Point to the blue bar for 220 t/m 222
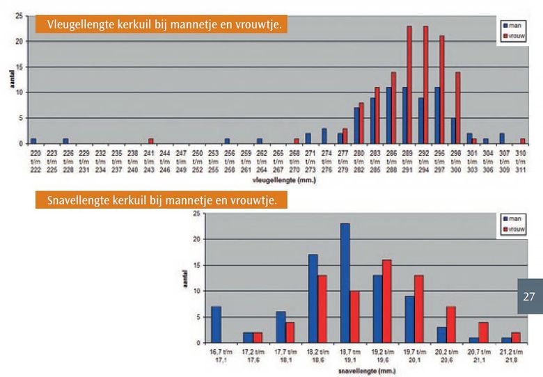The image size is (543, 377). (33, 141)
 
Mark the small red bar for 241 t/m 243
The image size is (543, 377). (151, 141)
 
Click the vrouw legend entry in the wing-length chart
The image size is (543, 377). (515, 33)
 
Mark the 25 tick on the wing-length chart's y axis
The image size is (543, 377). (21, 15)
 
